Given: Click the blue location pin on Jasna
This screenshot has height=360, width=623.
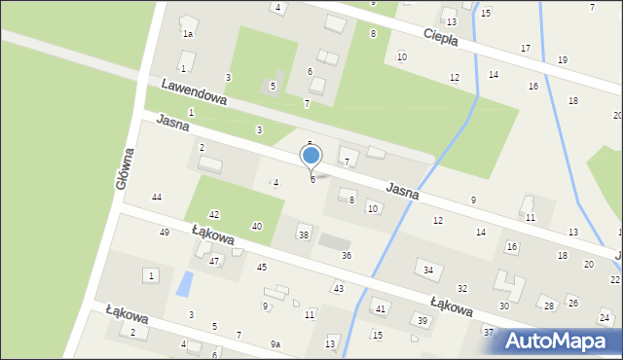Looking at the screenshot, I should (x=311, y=156).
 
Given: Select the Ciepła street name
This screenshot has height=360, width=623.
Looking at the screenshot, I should (x=448, y=41).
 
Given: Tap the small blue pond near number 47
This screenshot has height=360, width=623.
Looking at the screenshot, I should (x=183, y=284).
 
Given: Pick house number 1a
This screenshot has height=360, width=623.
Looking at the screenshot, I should (x=188, y=33).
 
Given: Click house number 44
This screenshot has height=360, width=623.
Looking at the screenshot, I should (x=156, y=198).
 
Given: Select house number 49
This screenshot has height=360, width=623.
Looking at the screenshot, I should (x=165, y=233).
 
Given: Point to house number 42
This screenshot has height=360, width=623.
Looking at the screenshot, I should (x=214, y=214).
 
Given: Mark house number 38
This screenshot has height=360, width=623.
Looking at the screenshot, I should (x=304, y=234).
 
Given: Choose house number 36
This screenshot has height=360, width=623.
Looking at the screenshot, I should (x=346, y=255).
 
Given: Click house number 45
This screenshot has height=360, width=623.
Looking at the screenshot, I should (x=261, y=267).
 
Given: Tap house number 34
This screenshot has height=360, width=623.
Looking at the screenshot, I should (x=427, y=270).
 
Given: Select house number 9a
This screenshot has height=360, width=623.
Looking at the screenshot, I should (x=275, y=344).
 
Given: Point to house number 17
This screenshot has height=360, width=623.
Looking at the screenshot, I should (x=526, y=49).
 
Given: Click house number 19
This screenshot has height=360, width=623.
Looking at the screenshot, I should (x=563, y=60).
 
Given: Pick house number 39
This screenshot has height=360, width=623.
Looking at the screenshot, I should (x=422, y=320).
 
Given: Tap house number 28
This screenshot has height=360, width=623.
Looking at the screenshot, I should (x=549, y=306).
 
